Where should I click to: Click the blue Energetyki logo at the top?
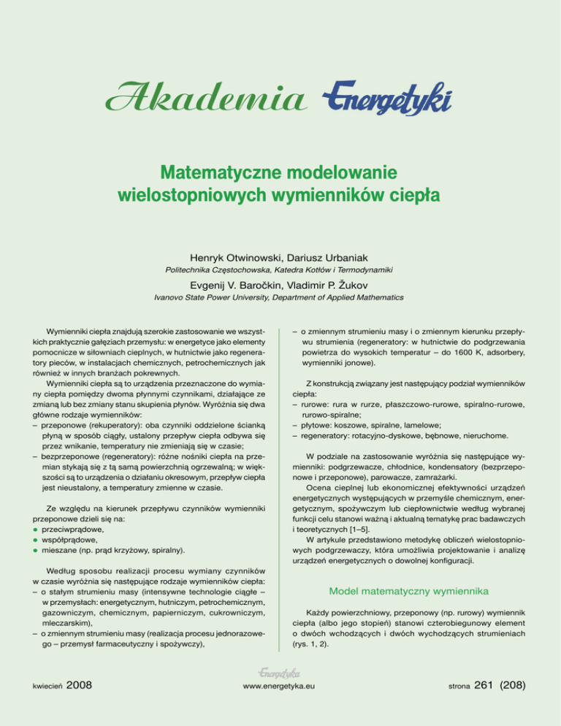click(387, 96)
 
